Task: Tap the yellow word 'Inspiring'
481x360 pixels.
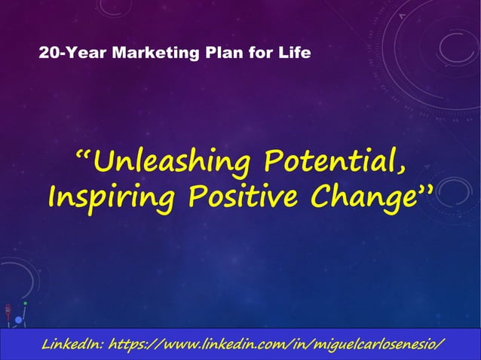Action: pos(112,197)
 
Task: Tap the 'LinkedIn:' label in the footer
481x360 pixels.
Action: pos(72,345)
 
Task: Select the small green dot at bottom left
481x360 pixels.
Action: pos(25,304)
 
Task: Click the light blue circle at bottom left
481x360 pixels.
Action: pos(18,320)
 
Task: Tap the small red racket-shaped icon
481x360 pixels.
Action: pos(8,311)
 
